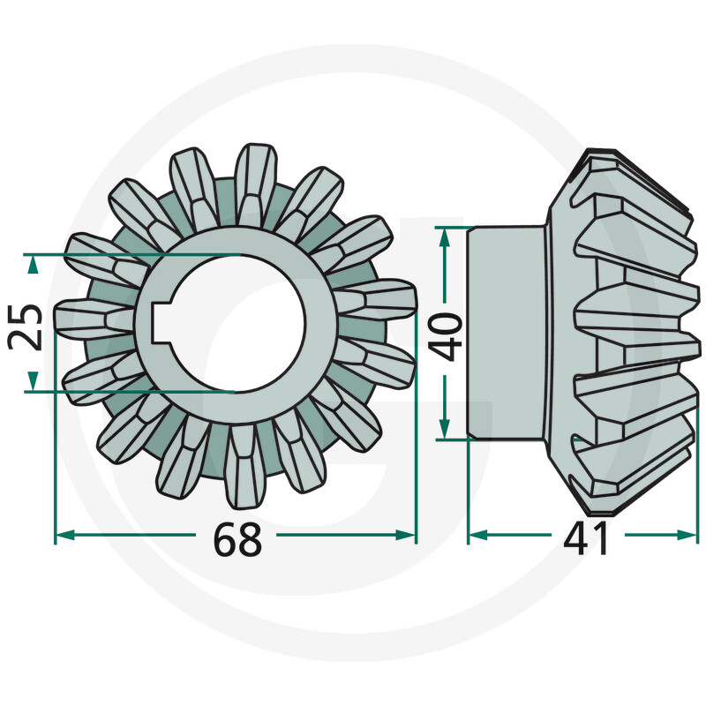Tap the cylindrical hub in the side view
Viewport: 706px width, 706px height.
505,333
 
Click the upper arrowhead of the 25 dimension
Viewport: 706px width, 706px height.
34,262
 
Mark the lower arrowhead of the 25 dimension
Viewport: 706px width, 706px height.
34,381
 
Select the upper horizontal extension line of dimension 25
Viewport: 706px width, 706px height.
132,255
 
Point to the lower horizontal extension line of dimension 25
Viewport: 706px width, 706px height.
132,390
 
